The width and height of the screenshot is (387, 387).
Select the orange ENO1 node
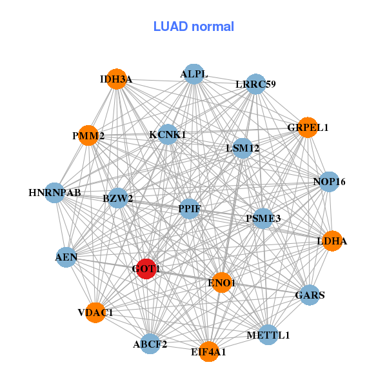(222, 283)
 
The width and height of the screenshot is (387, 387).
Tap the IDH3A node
(116, 79)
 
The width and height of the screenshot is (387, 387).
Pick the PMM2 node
(88, 135)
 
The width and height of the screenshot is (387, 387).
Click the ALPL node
(193, 74)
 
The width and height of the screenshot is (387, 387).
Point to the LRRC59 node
(255, 84)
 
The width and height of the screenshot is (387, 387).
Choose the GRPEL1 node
(308, 128)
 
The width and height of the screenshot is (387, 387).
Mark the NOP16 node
(329, 182)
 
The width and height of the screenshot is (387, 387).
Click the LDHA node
(332, 241)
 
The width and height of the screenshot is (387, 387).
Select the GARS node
(310, 295)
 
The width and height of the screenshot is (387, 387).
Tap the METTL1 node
(268, 335)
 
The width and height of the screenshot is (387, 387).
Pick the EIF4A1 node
(208, 352)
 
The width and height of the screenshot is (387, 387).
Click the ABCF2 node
(150, 344)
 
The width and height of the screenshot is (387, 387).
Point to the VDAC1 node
(95, 312)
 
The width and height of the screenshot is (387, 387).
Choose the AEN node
(66, 257)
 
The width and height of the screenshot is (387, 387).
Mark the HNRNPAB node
(55, 192)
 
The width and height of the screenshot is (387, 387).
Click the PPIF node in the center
(189, 209)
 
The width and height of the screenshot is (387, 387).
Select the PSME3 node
(263, 219)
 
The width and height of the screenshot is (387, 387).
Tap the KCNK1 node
(168, 134)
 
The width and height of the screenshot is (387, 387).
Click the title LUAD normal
(193, 26)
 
